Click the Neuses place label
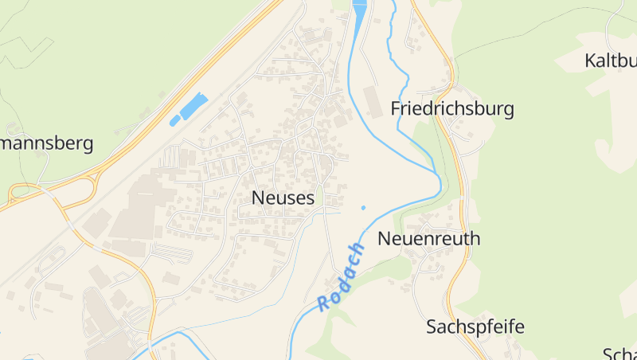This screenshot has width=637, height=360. coord(283,198)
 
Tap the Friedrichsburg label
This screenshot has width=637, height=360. coord(452,109)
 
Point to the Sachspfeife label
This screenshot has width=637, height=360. coord(475,327)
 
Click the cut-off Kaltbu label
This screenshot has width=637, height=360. coord(610,61)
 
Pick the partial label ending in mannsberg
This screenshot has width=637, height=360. coord(47,143)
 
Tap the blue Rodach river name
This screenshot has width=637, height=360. coord(342,276)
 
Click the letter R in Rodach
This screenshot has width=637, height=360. coord(323,303)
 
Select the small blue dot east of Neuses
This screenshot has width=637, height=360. coord(363,208)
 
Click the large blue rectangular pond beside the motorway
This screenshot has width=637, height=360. coord(193,105)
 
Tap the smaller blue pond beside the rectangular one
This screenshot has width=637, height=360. coord(174,120)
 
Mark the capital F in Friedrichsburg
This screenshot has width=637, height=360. coord(396,109)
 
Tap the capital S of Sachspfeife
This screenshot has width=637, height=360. coord(432,327)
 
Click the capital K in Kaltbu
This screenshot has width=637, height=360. coord(590,61)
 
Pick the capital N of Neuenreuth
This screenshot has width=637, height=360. coord(384,238)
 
